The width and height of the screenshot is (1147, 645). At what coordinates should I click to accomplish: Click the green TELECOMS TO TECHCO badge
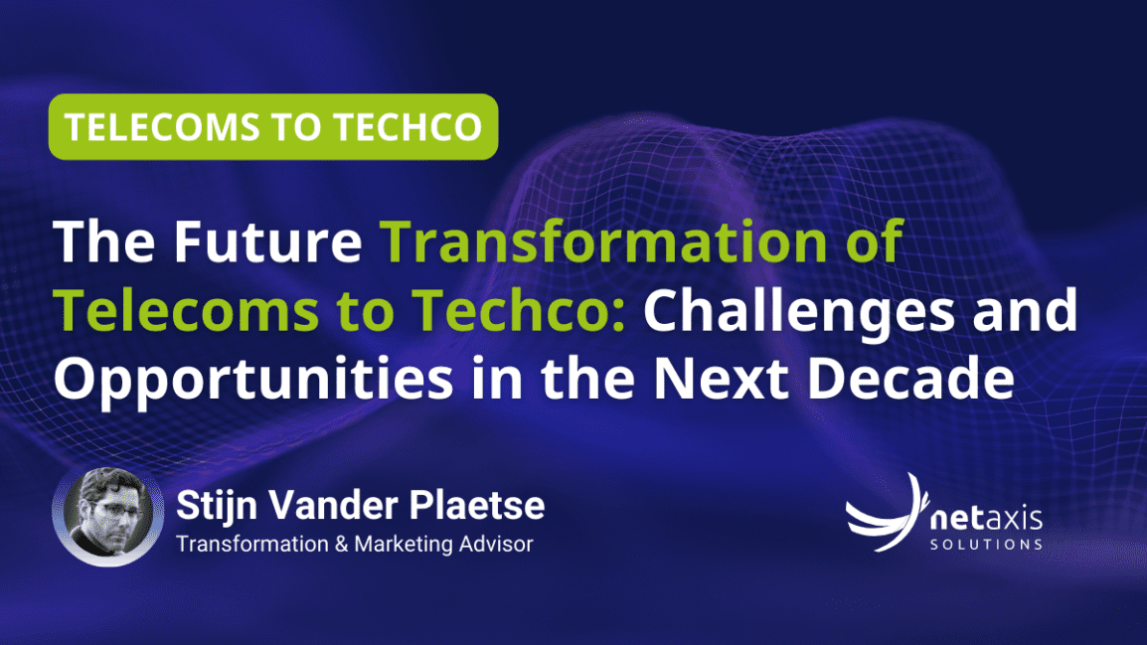273,126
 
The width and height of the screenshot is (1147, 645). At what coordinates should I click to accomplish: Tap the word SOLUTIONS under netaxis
985,545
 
